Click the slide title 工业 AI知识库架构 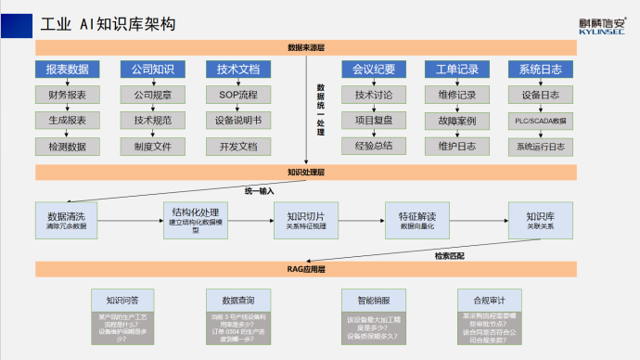coord(97,22)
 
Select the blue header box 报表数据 coord(67,70)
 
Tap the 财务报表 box coord(67,95)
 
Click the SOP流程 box coord(237,95)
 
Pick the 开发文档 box coord(237,147)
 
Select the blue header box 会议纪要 coord(374,70)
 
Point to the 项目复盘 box coord(374,121)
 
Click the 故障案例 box coord(456,121)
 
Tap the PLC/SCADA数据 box coord(541,121)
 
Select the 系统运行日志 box coord(541,147)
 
